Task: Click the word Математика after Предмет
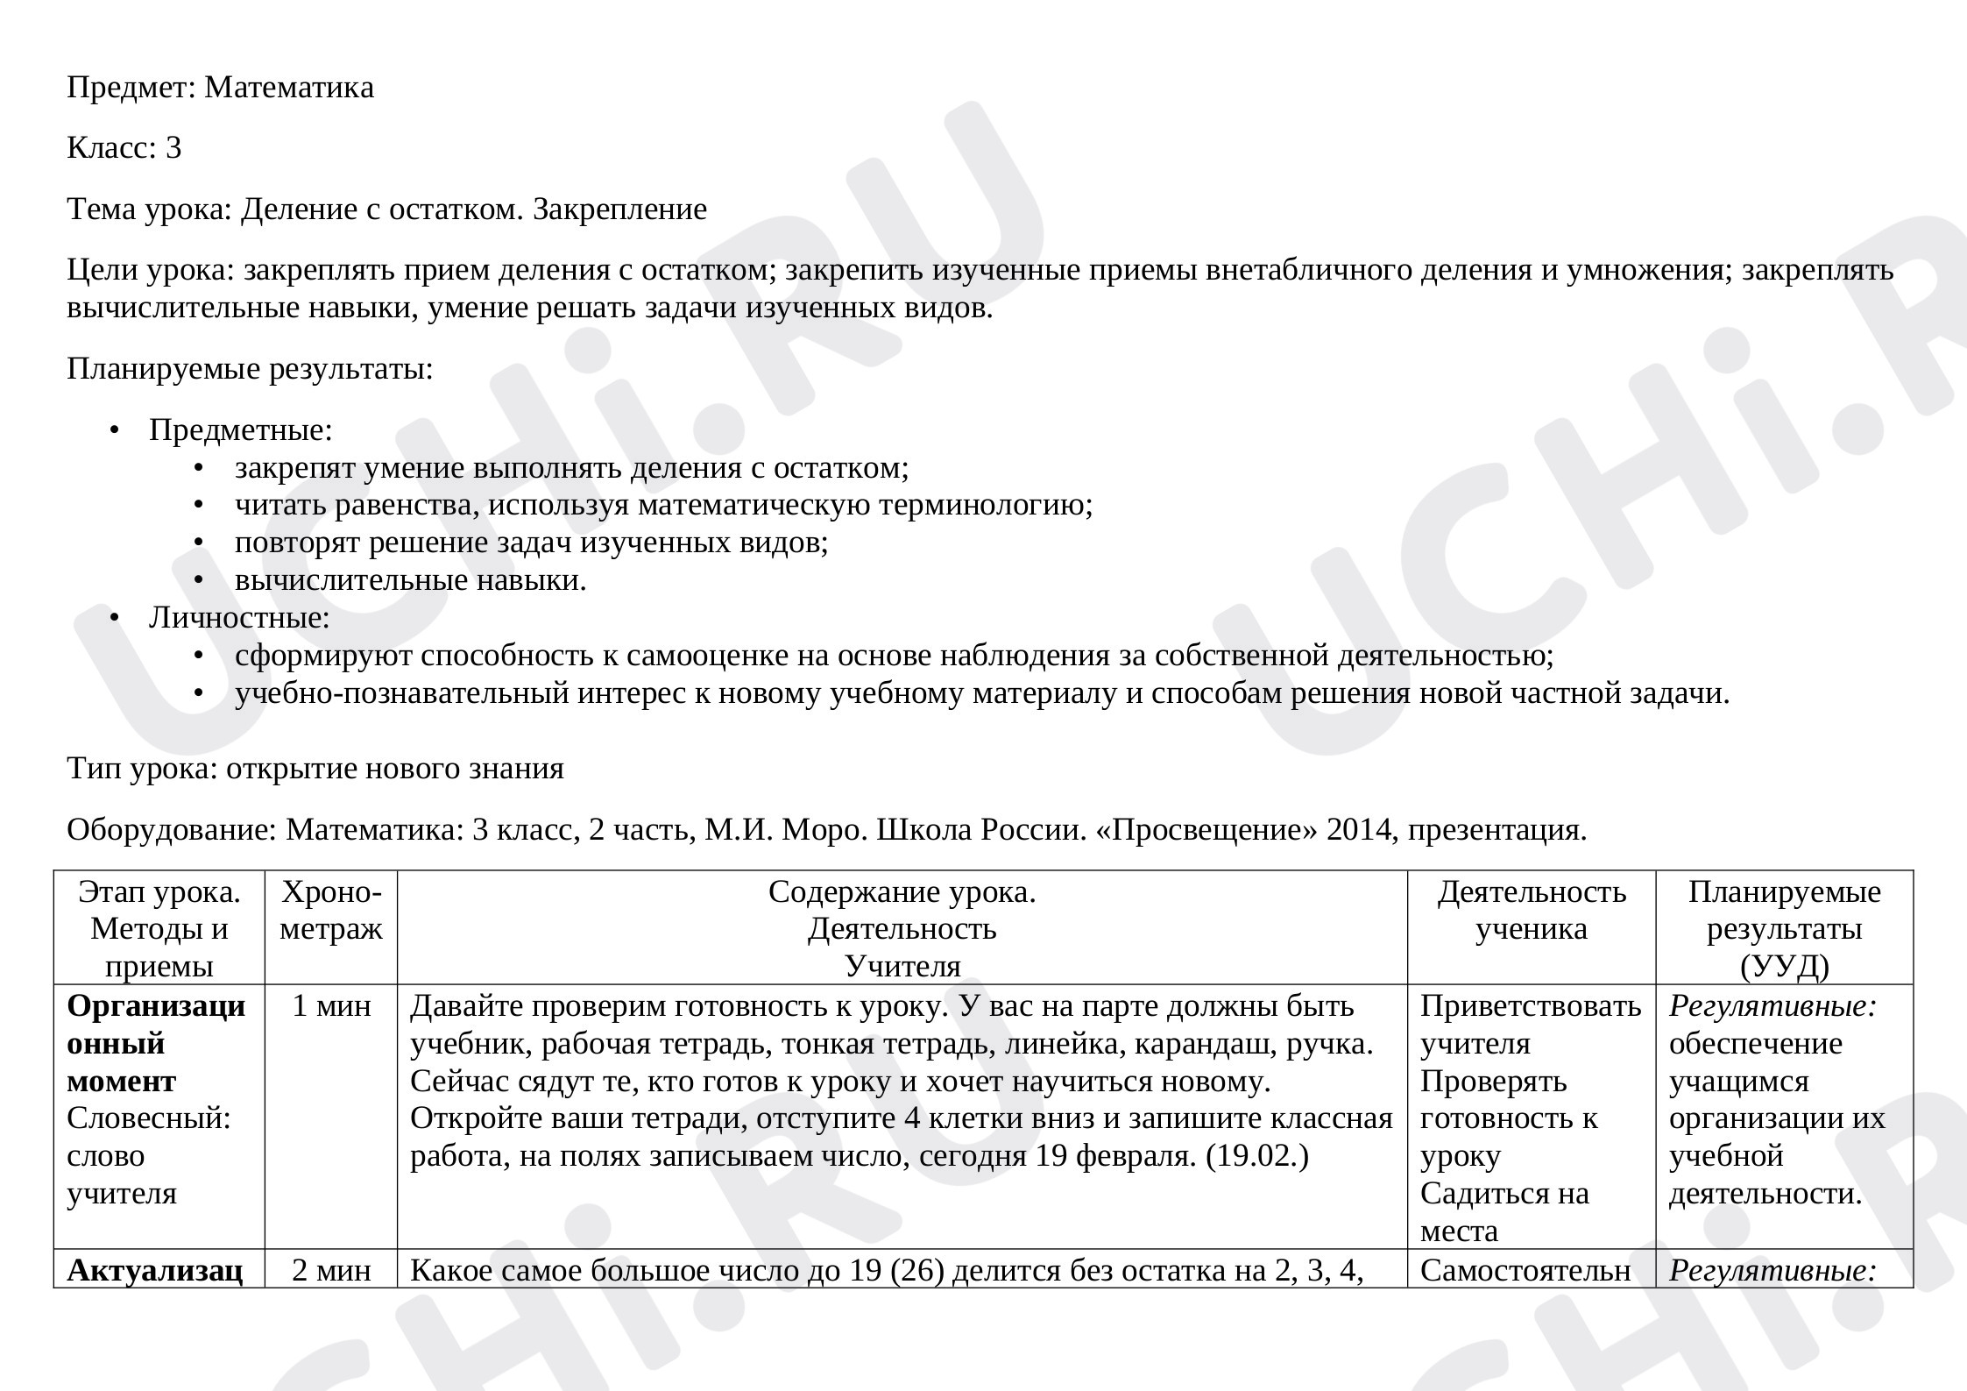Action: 288,87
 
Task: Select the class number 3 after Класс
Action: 173,148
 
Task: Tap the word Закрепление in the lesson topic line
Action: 619,209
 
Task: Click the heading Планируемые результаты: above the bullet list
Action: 250,369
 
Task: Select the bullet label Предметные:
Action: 240,430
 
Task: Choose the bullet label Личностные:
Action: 239,618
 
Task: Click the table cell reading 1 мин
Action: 331,1006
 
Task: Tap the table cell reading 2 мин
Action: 331,1270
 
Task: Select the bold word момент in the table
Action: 121,1082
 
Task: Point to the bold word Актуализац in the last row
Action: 154,1270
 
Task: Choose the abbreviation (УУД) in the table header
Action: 1784,966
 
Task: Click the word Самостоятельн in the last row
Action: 1525,1270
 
